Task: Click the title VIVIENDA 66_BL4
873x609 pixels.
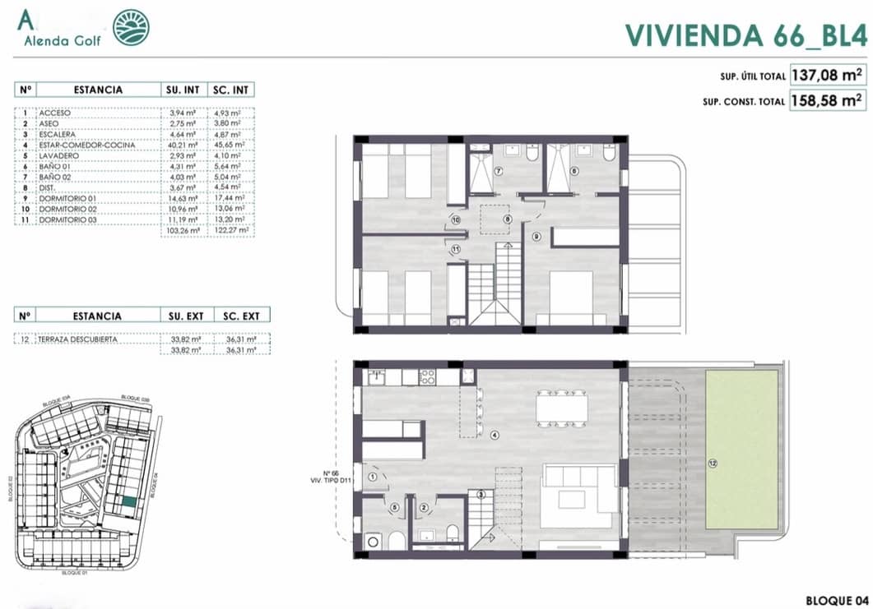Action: coord(745,35)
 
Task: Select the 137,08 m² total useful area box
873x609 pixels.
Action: coord(828,76)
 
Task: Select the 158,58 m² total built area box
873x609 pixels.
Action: coord(828,101)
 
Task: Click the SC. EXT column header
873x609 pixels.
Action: coord(241,316)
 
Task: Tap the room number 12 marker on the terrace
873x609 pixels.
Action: coord(713,464)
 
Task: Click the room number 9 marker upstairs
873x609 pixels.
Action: coord(536,237)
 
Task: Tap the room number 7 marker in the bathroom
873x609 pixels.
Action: coord(498,172)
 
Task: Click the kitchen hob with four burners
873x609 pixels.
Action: coord(428,377)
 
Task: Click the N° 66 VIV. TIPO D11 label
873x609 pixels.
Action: coord(332,477)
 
